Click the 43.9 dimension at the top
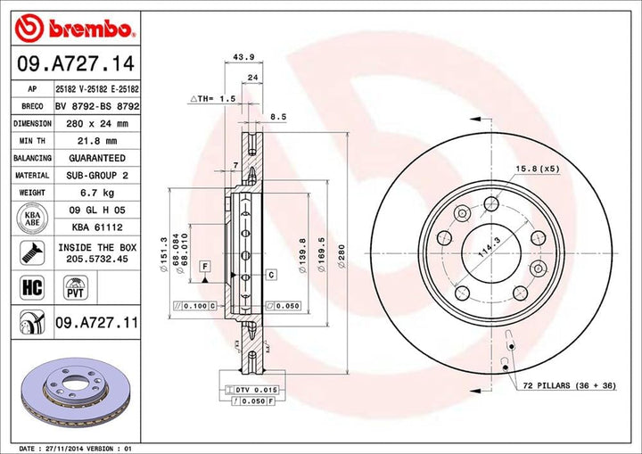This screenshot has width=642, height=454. coord(239,57)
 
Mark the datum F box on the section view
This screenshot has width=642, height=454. coord(204,266)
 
